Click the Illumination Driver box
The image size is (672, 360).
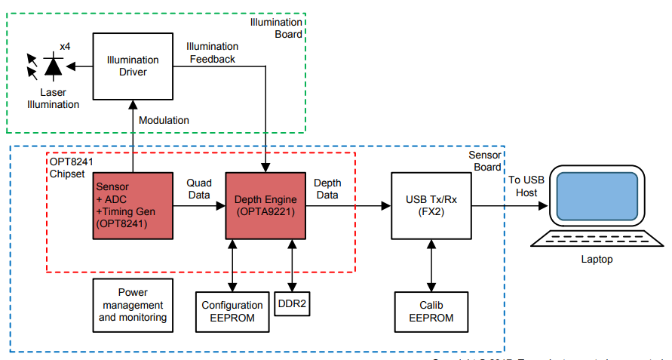tap(133, 66)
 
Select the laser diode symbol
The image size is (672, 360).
tap(53, 66)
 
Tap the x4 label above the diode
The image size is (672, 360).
tap(66, 47)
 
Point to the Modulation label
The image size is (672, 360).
tap(164, 120)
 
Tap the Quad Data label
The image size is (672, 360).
tap(199, 189)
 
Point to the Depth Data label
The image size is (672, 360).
tap(327, 189)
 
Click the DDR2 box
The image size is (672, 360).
tap(292, 303)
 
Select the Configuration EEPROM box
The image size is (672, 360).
tap(232, 312)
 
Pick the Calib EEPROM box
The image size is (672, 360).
tap(431, 312)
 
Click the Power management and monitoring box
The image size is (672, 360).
tap(133, 305)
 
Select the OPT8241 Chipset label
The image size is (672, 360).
tap(70, 168)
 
